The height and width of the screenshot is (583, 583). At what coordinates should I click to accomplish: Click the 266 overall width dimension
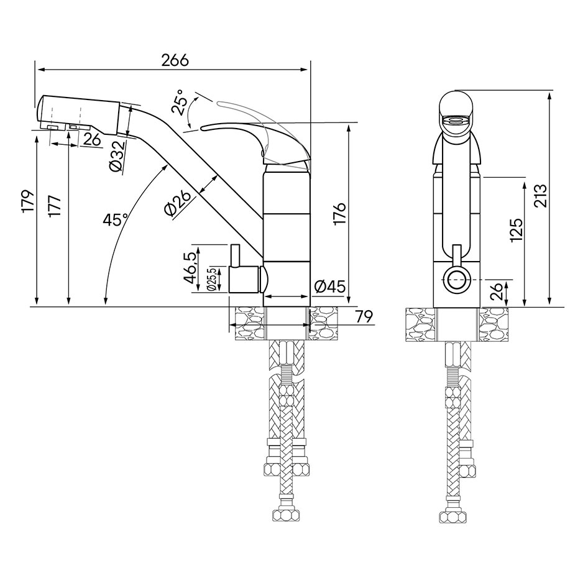click(175, 60)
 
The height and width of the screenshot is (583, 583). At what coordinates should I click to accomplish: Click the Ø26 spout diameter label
click(178, 204)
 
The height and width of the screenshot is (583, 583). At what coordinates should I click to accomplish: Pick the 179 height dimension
click(28, 202)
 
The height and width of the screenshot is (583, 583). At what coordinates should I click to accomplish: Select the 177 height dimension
click(55, 206)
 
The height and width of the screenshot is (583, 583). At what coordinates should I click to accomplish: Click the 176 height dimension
click(339, 214)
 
